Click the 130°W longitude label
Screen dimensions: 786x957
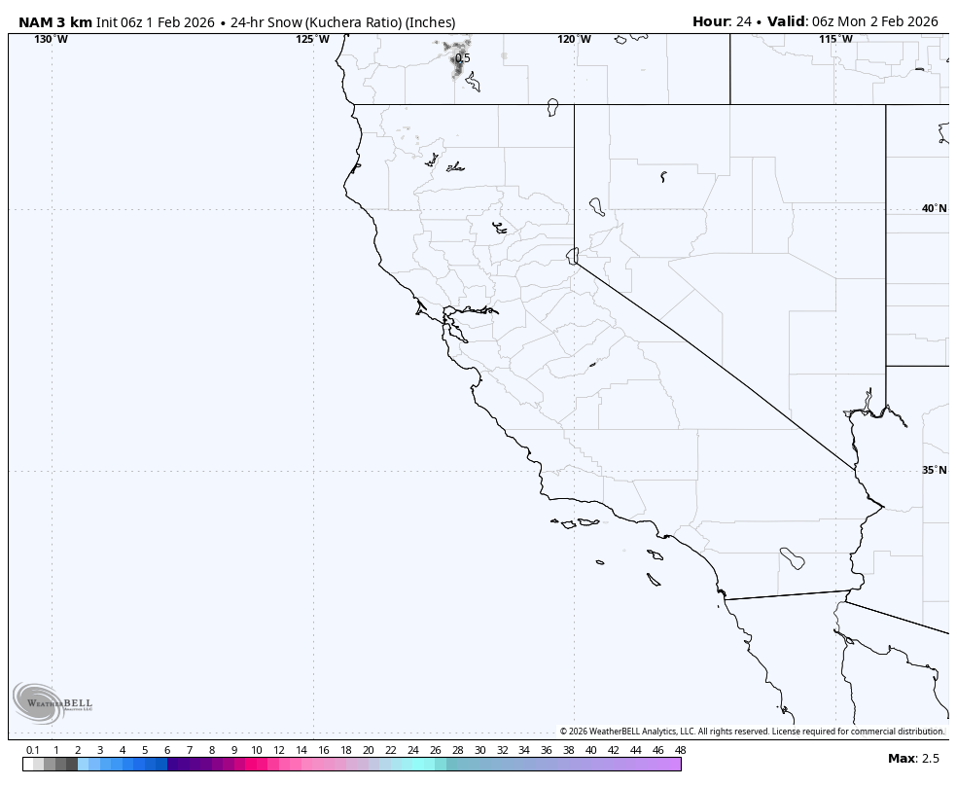pyautogui.click(x=52, y=39)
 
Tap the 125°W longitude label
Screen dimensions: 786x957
pyautogui.click(x=312, y=39)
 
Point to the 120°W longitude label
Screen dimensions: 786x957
pyautogui.click(x=574, y=39)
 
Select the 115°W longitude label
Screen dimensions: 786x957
pyautogui.click(x=835, y=39)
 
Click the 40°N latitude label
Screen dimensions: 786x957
pyautogui.click(x=934, y=208)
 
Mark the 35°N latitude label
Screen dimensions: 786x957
pyautogui.click(x=934, y=470)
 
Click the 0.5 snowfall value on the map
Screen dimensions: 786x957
pyautogui.click(x=463, y=58)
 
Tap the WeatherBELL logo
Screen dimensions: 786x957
pyautogui.click(x=53, y=702)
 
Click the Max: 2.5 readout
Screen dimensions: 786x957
pyautogui.click(x=913, y=758)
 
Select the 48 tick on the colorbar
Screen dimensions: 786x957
pyautogui.click(x=680, y=750)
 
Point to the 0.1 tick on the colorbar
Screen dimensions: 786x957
pyautogui.click(x=33, y=750)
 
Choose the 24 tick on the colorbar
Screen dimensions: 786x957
pyautogui.click(x=412, y=750)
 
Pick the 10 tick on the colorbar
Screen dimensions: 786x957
pyautogui.click(x=256, y=750)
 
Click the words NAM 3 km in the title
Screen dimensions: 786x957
pyautogui.click(x=55, y=21)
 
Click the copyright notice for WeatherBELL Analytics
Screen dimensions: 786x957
pyautogui.click(x=751, y=732)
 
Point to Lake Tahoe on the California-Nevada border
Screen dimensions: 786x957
pyautogui.click(x=572, y=255)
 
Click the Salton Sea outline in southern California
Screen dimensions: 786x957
pyautogui.click(x=792, y=558)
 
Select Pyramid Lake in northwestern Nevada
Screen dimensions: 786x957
pyautogui.click(x=596, y=206)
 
